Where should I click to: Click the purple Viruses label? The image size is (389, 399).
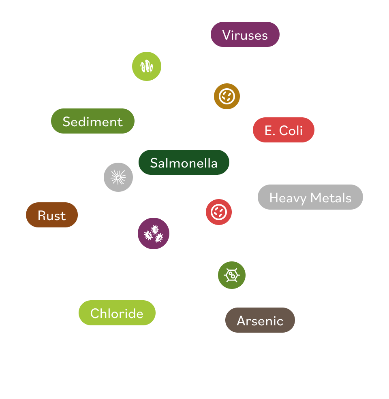coord(245,35)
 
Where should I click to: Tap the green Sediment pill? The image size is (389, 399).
coord(92,121)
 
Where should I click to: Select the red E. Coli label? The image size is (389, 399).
coord(283,130)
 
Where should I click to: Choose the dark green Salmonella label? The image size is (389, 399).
coord(184,163)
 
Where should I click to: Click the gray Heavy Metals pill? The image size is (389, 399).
coord(310,197)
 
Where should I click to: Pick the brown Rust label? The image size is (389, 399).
coord(51,215)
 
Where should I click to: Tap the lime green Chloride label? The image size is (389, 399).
coord(117,313)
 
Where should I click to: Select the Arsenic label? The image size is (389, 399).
coord(260,320)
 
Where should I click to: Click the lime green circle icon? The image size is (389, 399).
coord(147,66)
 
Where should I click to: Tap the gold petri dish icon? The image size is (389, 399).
coord(227,96)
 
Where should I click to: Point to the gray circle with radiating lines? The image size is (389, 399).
coord(118,177)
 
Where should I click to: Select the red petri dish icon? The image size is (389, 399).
coord(219,212)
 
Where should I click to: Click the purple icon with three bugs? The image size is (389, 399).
coord(154,233)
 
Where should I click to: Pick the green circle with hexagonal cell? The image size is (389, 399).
coord(232,275)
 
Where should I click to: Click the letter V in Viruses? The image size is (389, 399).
coord(226,35)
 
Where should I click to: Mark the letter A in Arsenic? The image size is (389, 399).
coord(242,321)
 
